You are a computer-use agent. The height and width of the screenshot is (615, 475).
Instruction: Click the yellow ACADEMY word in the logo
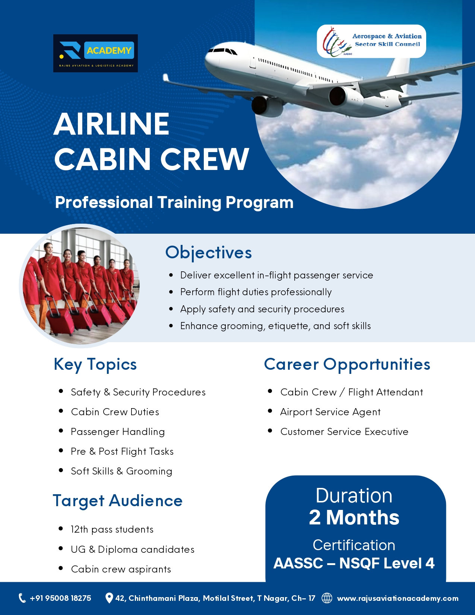pos(109,50)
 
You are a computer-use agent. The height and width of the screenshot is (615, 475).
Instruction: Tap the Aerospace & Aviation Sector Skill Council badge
pos(371,41)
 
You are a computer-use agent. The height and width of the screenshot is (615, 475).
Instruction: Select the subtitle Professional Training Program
pos(174,202)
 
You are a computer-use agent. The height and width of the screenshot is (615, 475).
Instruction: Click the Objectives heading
pos(209,252)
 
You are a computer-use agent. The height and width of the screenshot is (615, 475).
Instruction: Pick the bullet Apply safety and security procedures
pos(262,309)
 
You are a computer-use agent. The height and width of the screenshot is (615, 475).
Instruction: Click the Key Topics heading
pos(95,364)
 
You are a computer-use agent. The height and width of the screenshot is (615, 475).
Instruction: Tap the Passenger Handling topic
pos(118,432)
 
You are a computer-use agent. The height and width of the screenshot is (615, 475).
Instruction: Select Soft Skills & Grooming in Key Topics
pos(121,471)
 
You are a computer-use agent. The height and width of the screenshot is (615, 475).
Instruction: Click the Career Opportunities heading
pos(347,364)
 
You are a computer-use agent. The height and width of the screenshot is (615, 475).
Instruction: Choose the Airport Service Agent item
pos(330,412)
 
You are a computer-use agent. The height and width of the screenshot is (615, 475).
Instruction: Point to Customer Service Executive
pos(344,432)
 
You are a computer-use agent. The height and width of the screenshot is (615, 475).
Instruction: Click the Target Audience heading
pos(117,501)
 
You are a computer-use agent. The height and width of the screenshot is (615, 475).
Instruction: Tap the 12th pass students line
pos(112,529)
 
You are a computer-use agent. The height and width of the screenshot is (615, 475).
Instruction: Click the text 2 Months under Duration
pos(354,518)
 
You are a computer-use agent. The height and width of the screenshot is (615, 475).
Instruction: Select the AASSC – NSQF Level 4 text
pos(354,563)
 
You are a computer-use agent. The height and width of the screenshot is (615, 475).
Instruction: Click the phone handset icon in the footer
pos(22,598)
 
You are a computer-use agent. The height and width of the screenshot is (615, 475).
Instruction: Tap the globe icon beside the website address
pos(327,598)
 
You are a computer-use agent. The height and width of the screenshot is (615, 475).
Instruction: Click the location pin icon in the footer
pos(109,598)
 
